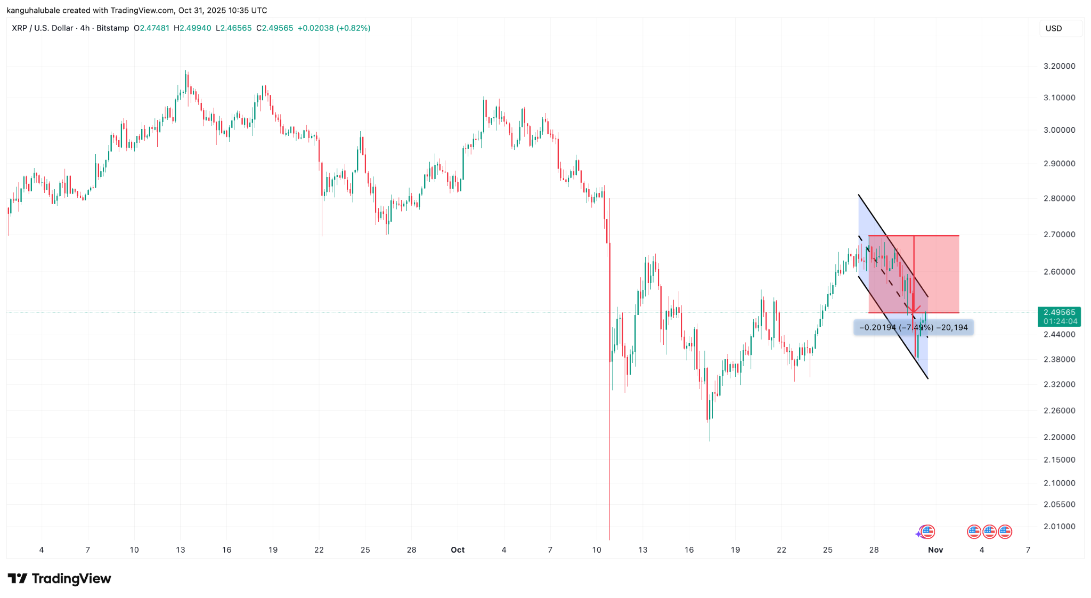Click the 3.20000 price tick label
[1059, 66]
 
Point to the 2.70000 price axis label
[1059, 235]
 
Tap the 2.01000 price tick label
[1059, 527]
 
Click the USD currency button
[1054, 28]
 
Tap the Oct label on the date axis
[458, 550]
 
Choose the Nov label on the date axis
[935, 550]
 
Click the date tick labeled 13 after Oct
[643, 550]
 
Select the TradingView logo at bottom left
[59, 579]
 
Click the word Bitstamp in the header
[112, 28]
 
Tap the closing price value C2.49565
[274, 28]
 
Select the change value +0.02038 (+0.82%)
[334, 28]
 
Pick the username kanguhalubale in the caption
[33, 10]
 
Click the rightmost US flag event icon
[1005, 531]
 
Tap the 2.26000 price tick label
[1059, 410]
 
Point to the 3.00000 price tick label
[1059, 130]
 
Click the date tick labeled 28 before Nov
[874, 550]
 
